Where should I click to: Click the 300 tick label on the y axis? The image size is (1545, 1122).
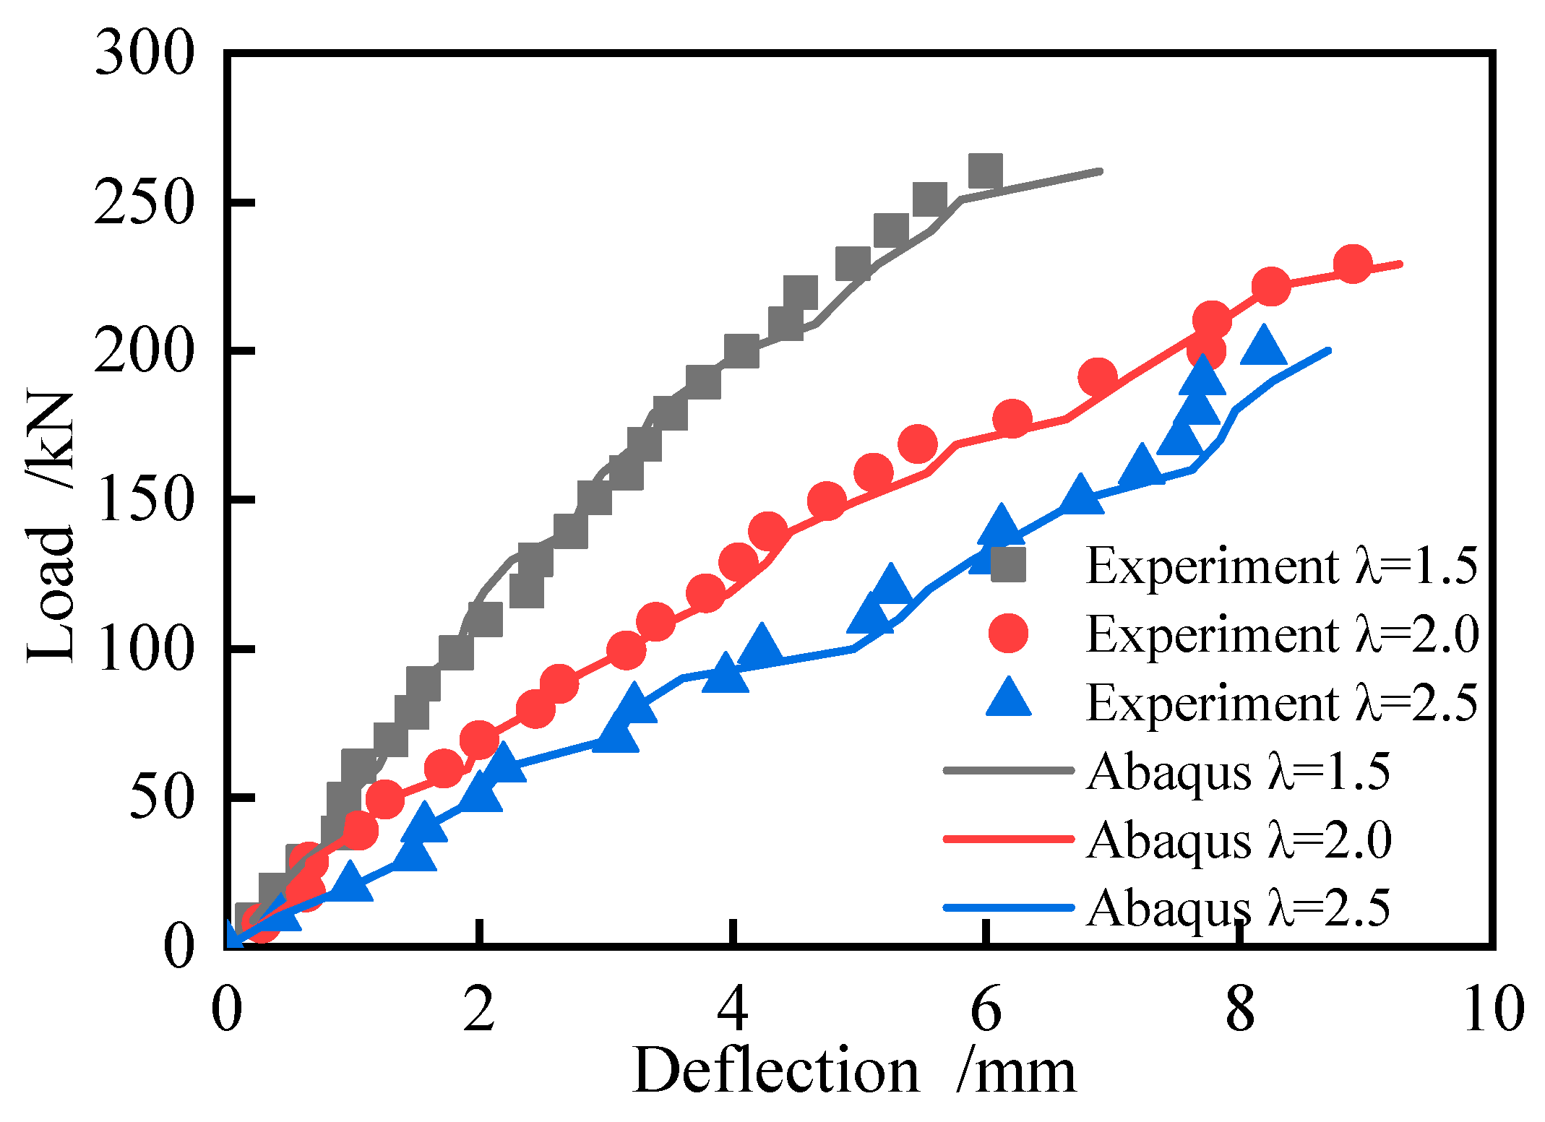click(x=145, y=54)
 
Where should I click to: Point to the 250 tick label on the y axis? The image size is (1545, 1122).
click(x=145, y=203)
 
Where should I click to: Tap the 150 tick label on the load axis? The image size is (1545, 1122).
click(x=145, y=500)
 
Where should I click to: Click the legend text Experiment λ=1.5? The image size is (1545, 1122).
click(x=1281, y=565)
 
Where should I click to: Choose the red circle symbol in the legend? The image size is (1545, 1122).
click(x=1008, y=634)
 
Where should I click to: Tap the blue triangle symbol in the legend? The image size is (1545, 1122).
click(x=1008, y=699)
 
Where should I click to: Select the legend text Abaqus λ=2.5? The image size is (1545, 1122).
click(x=1238, y=908)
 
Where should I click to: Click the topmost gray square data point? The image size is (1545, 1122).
click(x=985, y=171)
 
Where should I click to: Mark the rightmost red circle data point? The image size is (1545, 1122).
click(x=1353, y=264)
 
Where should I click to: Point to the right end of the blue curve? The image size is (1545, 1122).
click(x=1328, y=351)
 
